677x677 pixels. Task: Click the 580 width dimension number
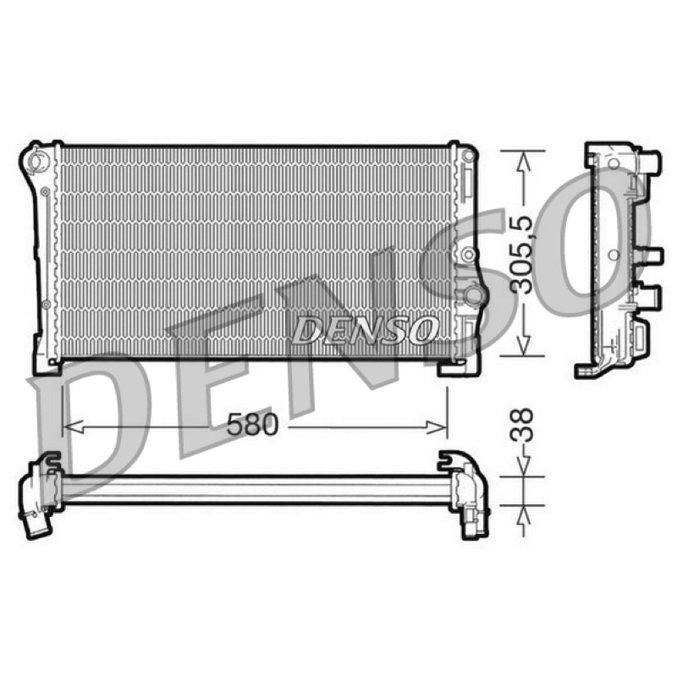point(252,425)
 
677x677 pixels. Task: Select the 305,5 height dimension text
point(521,255)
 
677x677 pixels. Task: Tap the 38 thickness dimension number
point(521,425)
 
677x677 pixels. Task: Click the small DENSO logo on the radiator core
point(364,330)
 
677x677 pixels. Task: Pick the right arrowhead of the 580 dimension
point(436,427)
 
